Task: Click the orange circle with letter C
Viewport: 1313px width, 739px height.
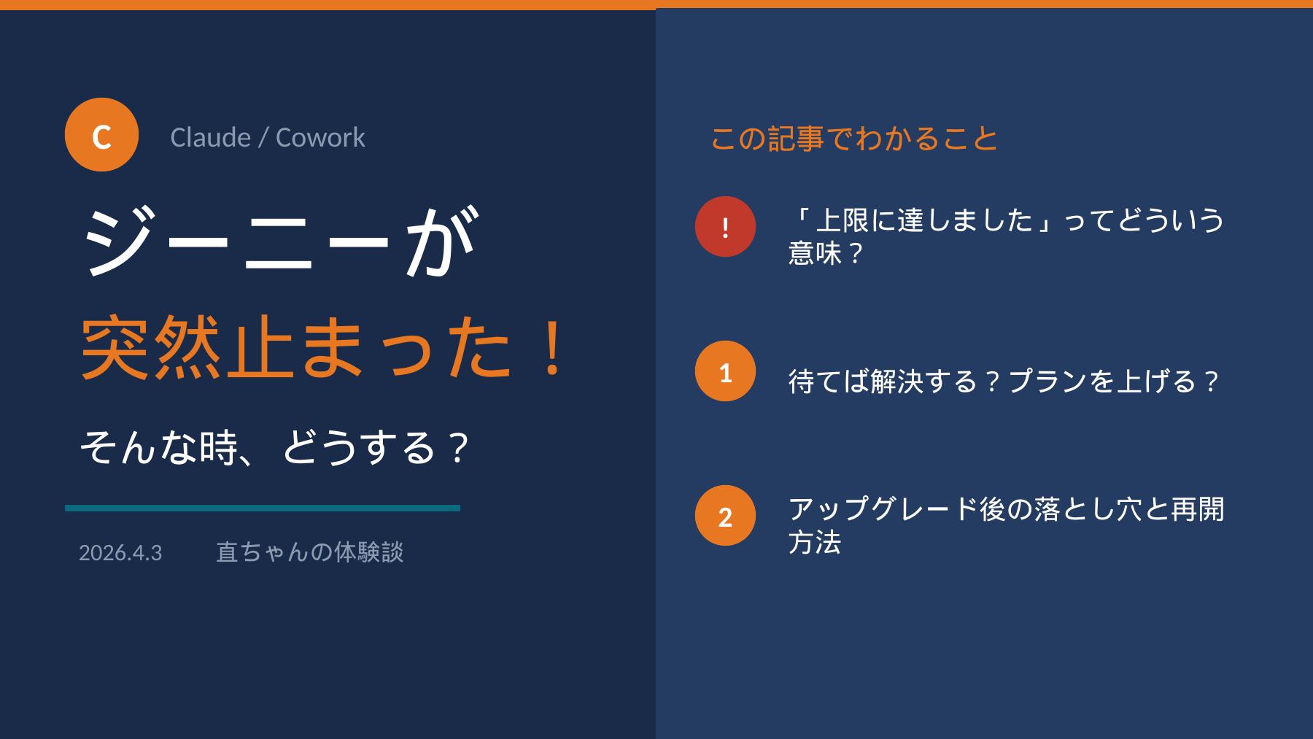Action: (101, 135)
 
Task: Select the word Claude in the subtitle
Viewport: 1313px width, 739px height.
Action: (210, 137)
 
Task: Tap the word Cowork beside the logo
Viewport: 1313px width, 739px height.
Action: (320, 137)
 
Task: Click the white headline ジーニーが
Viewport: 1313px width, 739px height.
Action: (281, 241)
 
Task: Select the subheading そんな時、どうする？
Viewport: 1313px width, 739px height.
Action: (274, 447)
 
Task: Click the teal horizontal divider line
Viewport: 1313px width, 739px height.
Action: (263, 508)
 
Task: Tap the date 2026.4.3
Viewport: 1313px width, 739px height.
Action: (120, 553)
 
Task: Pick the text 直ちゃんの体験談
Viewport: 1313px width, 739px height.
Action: (309, 552)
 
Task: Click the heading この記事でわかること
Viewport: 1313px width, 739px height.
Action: (854, 138)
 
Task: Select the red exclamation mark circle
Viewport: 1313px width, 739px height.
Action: (725, 227)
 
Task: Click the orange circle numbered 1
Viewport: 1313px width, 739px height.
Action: (725, 371)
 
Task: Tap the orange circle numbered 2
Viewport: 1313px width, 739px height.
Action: (725, 516)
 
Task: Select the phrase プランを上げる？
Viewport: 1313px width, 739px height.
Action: (1114, 382)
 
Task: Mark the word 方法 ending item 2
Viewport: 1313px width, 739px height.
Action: (815, 542)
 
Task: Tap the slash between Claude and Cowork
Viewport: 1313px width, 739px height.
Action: (263, 138)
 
